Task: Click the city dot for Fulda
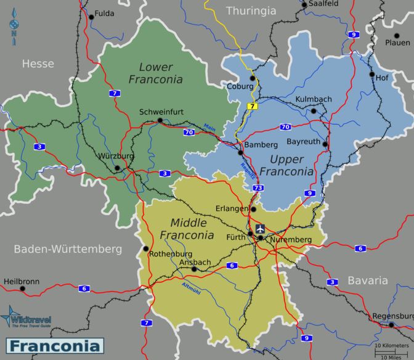92,17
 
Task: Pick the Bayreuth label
304,141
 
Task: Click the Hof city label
382,78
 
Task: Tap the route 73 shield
257,187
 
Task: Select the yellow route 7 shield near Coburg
252,107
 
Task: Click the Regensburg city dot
391,324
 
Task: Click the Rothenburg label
171,254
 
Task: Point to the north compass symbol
14,28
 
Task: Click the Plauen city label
397,43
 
